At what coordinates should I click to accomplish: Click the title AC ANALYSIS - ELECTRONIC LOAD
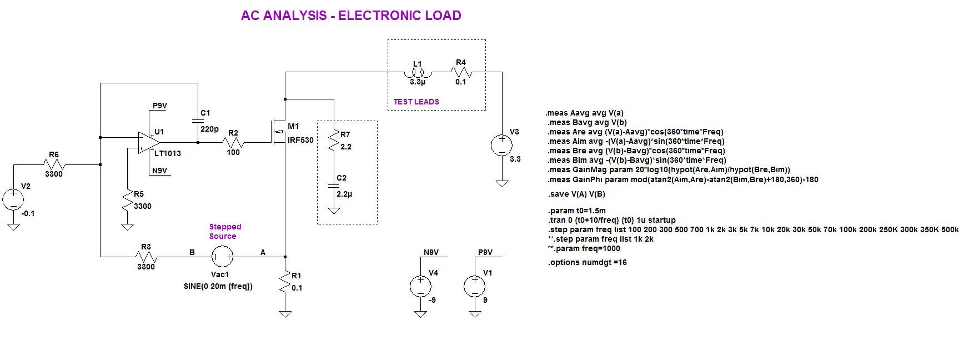pyautogui.click(x=351, y=16)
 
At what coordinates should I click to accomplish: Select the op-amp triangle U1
pyautogui.click(x=149, y=143)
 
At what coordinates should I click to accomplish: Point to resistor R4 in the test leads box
pyautogui.click(x=461, y=72)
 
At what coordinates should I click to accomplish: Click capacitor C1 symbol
pyautogui.click(x=197, y=121)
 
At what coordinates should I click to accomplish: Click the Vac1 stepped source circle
pyautogui.click(x=222, y=257)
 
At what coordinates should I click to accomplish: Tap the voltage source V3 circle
pyautogui.click(x=502, y=146)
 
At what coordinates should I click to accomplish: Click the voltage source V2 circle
pyautogui.click(x=13, y=199)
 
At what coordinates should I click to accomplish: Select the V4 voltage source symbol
pyautogui.click(x=420, y=286)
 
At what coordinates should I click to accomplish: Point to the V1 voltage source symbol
pyautogui.click(x=475, y=286)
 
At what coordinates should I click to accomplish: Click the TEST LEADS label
pyautogui.click(x=416, y=102)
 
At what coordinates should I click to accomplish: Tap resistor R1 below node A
pyautogui.click(x=285, y=283)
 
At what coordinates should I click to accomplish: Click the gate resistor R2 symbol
pyautogui.click(x=233, y=143)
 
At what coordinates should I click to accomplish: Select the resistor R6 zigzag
pyautogui.click(x=54, y=164)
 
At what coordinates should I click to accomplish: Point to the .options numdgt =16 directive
pyautogui.click(x=587, y=262)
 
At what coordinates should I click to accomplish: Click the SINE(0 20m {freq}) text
pyautogui.click(x=218, y=287)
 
